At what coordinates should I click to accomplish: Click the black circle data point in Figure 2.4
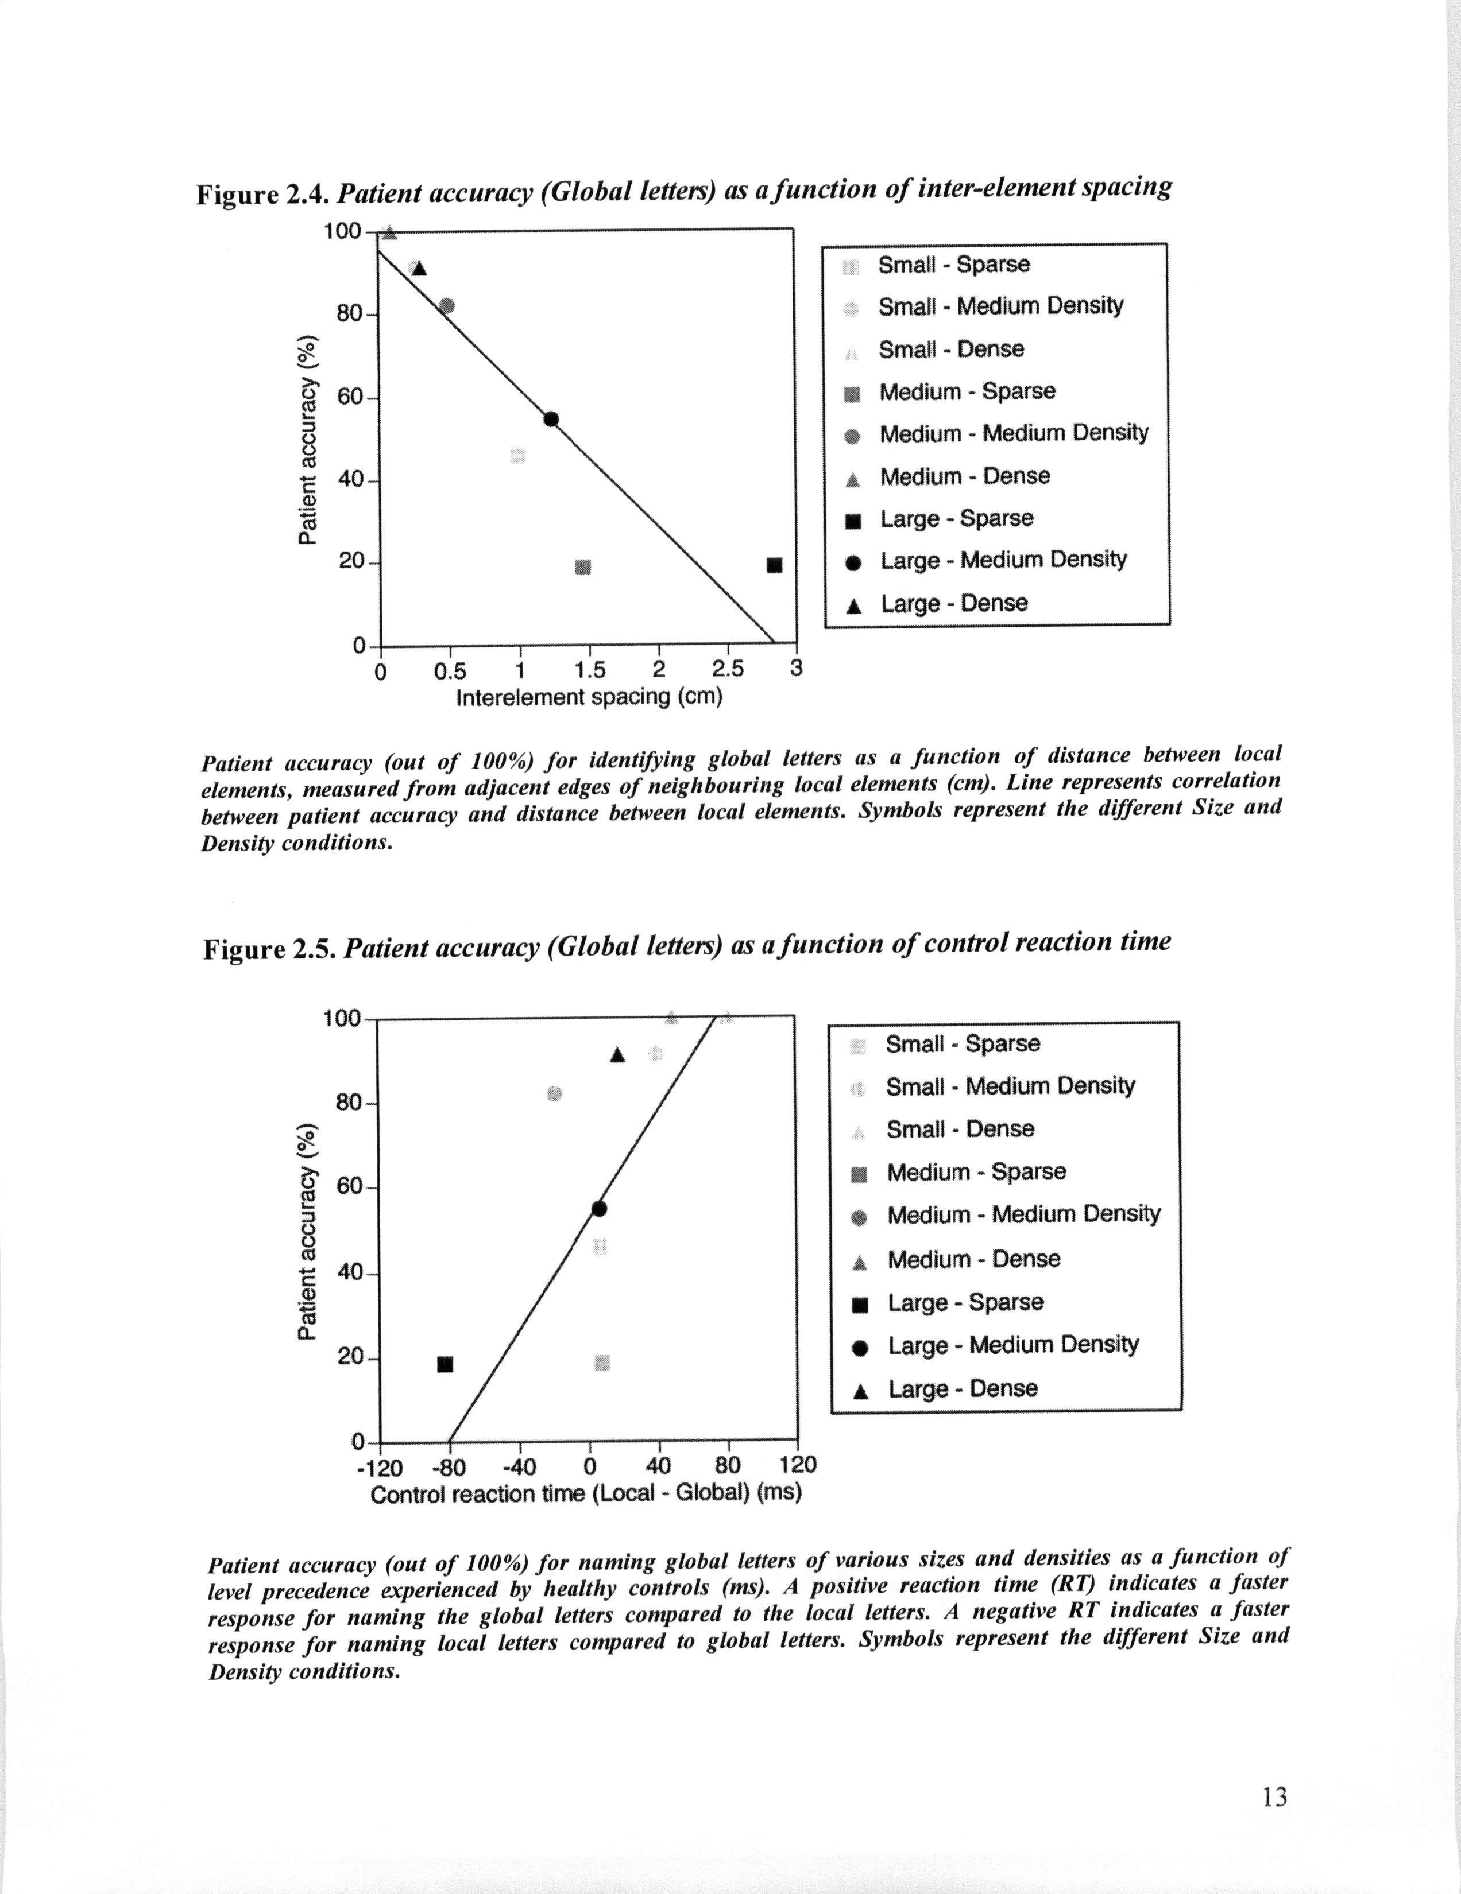click(x=551, y=420)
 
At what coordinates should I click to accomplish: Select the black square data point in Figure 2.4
click(x=775, y=565)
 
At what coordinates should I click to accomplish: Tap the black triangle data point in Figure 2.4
click(x=420, y=268)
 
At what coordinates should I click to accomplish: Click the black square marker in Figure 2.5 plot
click(x=445, y=1365)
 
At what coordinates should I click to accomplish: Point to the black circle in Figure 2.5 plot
click(x=598, y=1209)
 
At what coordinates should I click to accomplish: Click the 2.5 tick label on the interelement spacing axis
click(x=728, y=669)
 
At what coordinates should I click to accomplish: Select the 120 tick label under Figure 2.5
click(x=797, y=1465)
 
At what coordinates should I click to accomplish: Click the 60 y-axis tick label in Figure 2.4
click(x=350, y=397)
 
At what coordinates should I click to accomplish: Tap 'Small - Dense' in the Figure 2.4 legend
click(x=951, y=350)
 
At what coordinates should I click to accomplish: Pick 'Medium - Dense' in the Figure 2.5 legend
click(x=973, y=1259)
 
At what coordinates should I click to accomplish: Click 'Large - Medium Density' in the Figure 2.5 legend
click(x=1013, y=1345)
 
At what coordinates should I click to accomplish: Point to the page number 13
click(x=1274, y=1798)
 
